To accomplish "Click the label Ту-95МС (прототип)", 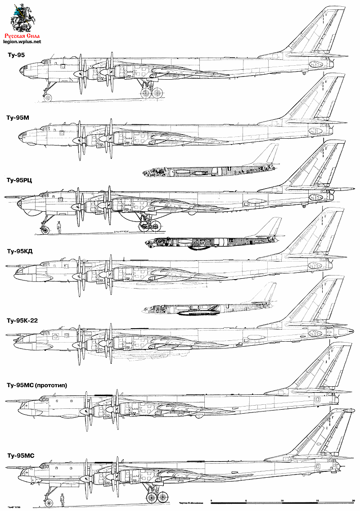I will [36, 385].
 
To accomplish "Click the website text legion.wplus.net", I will [22, 41].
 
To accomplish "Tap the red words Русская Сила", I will [22, 36].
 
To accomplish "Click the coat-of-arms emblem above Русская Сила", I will [21, 17].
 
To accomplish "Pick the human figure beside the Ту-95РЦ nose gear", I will [59, 227].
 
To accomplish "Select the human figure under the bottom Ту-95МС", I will [62, 498].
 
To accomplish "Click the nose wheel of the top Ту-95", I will [47, 97].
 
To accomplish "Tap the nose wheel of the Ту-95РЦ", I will [45, 230].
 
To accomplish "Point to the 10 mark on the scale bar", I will [282, 500].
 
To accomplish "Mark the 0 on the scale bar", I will [211, 500].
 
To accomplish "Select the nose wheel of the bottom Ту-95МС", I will [48, 501].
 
